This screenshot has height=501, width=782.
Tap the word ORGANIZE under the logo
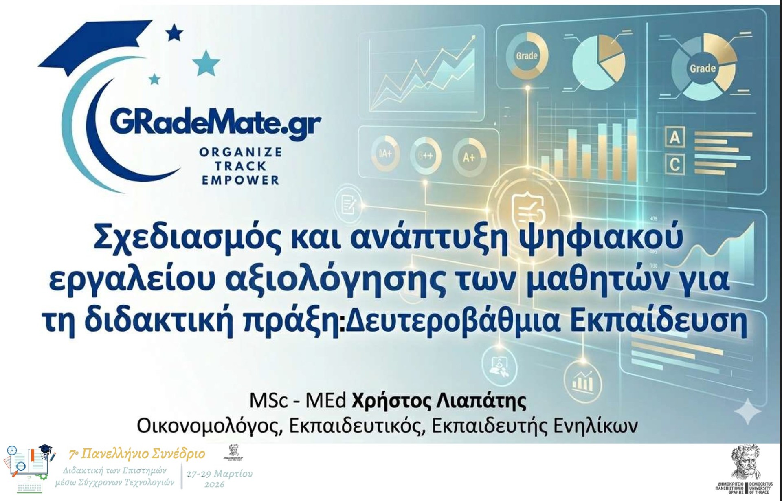(x=240, y=152)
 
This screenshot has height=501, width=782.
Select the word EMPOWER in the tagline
(x=240, y=180)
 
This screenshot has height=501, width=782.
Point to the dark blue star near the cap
(x=174, y=33)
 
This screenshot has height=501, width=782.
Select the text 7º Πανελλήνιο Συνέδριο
(x=137, y=454)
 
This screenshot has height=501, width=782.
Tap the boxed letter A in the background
(x=674, y=138)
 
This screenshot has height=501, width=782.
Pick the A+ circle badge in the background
(x=469, y=157)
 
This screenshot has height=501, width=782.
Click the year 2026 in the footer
(x=214, y=485)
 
